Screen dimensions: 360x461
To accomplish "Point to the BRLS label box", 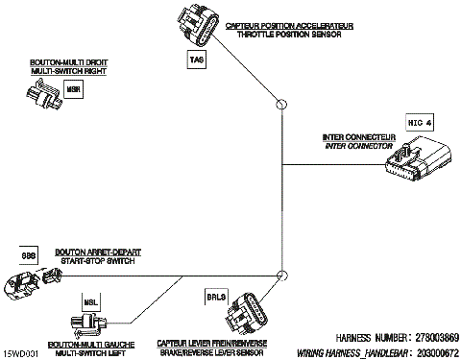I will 216,298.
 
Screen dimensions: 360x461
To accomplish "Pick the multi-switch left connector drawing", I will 93,324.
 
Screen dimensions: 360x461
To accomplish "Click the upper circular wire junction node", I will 281,104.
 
